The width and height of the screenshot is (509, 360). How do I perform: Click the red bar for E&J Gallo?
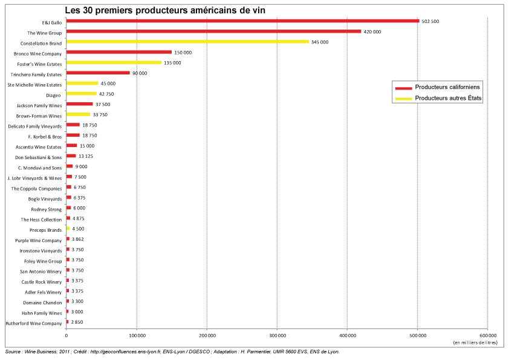(x=242, y=21)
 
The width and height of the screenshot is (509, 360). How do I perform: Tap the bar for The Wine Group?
(x=213, y=31)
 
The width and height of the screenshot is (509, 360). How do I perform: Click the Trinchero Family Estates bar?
(x=97, y=73)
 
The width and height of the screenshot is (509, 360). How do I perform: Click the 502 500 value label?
(x=431, y=21)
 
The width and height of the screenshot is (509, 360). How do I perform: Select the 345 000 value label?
(x=320, y=42)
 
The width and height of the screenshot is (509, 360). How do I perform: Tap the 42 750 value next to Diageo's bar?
(x=106, y=94)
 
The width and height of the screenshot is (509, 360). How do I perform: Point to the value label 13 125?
(x=86, y=157)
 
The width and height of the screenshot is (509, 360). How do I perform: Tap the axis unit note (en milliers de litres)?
(x=475, y=342)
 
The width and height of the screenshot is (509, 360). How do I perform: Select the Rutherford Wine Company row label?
(x=33, y=324)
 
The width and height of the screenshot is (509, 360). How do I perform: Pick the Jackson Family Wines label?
(x=39, y=105)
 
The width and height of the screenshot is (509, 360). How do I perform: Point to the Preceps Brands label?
(x=46, y=230)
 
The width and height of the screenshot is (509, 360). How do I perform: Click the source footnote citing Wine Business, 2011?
(x=172, y=352)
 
